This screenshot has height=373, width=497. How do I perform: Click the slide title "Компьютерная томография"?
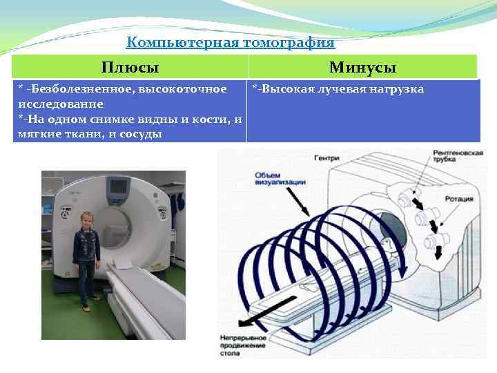click(231, 43)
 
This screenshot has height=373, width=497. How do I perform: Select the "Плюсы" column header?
click(130, 67)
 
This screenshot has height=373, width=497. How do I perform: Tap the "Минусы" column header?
click(362, 67)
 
